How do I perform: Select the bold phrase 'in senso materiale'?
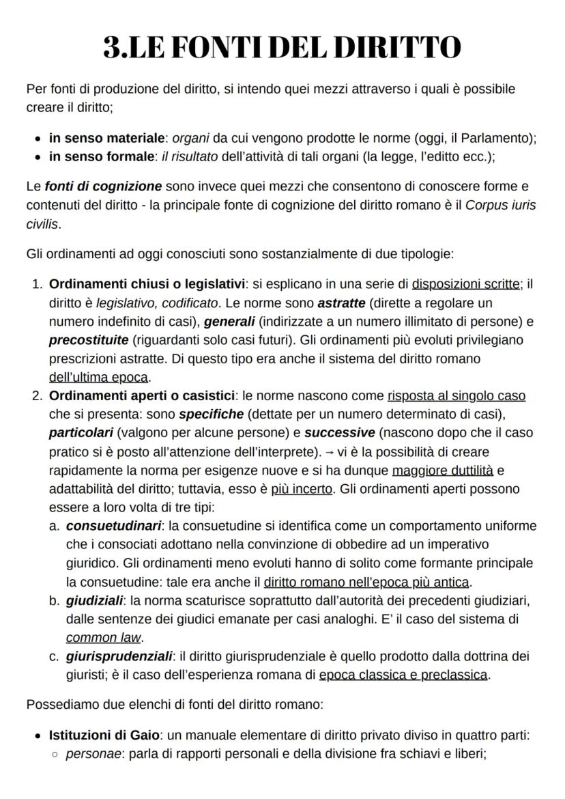[x=106, y=138]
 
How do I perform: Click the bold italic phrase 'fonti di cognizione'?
[x=104, y=186]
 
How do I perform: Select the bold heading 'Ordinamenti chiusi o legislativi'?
[x=147, y=284]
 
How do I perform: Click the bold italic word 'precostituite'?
[x=84, y=339]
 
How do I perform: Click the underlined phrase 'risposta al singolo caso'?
[x=457, y=395]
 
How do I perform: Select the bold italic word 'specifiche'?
[x=211, y=414]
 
